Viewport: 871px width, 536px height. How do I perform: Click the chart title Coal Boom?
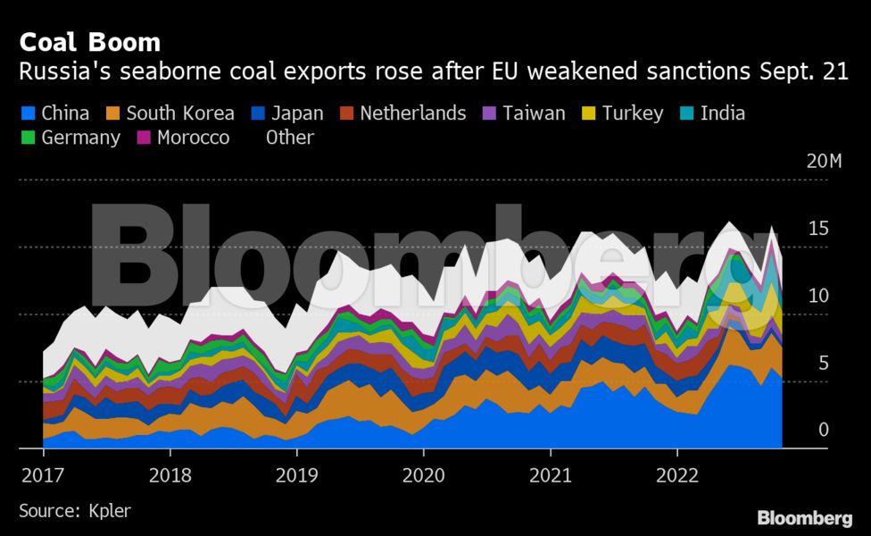pos(90,41)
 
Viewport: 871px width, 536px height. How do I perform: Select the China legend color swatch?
pos(27,113)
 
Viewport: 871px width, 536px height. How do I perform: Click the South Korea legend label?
pos(180,113)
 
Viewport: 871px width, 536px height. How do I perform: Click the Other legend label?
pos(289,138)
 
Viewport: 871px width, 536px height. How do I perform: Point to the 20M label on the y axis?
pos(823,162)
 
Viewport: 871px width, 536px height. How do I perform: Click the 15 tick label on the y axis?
pos(818,229)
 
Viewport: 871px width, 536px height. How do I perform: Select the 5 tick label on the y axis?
pos(824,363)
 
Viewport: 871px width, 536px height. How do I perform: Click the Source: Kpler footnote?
pos(74,511)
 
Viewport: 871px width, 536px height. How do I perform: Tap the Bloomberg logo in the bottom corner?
pos(804,518)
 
